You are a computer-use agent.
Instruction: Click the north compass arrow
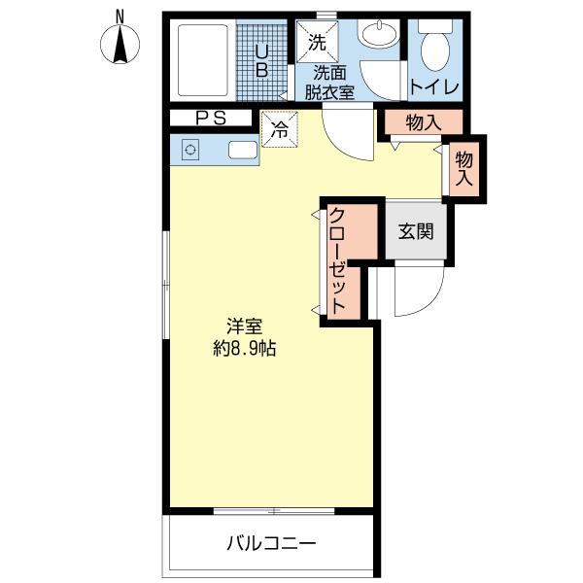coord(120,46)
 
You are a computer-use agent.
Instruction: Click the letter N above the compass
coord(120,15)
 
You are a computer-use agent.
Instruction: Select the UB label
coord(262,60)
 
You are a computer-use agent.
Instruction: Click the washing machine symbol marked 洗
coord(316,42)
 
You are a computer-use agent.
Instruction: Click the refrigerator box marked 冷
coord(279,129)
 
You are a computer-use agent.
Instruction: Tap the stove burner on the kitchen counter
coord(189,151)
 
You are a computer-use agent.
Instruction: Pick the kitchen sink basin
coord(243,151)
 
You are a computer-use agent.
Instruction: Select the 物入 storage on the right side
coord(463,168)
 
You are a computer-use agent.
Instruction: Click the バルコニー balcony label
coord(271,542)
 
